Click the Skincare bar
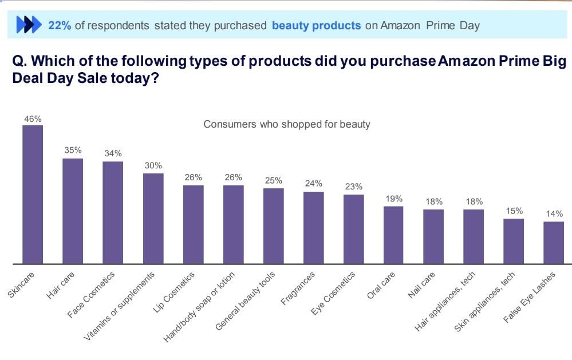(33, 195)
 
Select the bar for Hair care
(73, 211)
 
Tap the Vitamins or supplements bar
(153, 219)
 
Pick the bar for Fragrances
(313, 228)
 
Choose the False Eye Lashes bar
(554, 243)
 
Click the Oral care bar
(393, 235)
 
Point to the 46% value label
(33, 119)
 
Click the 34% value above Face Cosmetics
(113, 153)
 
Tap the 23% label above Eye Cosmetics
(353, 187)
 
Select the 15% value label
(514, 211)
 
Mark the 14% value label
(554, 213)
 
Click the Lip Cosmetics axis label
(175, 293)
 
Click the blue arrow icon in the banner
(29, 25)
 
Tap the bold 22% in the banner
(60, 25)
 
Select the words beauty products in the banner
(316, 25)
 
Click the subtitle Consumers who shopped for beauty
(287, 124)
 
